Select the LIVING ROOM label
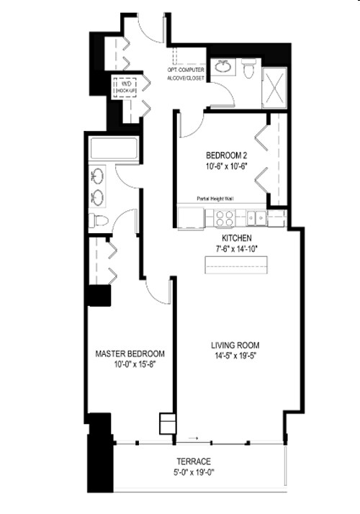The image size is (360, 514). tap(235, 344)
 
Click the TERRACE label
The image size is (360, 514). tap(194, 461)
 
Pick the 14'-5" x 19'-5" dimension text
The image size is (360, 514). tap(235, 355)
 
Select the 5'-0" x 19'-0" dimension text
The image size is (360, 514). tap(194, 473)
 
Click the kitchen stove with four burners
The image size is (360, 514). tap(224, 217)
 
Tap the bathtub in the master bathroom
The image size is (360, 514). tap(112, 150)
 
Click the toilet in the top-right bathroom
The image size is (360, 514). tap(249, 70)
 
